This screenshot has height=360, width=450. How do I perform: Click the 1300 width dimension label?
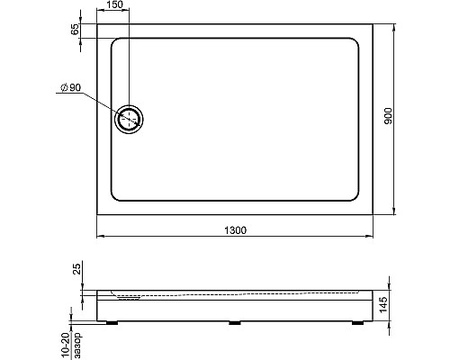236,230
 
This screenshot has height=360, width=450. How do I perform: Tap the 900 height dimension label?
388,116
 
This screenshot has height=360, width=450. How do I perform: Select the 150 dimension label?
114,4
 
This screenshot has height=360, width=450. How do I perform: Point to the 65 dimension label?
75,29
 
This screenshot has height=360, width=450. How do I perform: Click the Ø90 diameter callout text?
71,87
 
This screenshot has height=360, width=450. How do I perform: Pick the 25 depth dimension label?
77,269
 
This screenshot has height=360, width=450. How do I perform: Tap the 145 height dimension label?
383,305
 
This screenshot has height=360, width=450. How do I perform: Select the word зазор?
77,346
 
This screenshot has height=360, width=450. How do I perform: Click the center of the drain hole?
129,119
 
